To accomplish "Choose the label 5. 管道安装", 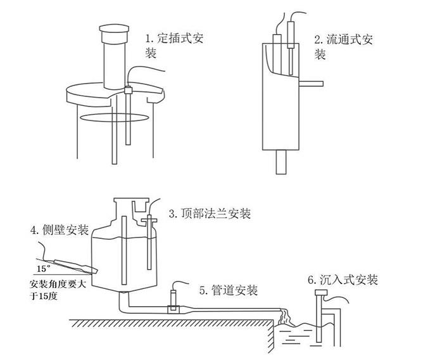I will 228,291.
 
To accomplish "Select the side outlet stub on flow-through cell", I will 310,82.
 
